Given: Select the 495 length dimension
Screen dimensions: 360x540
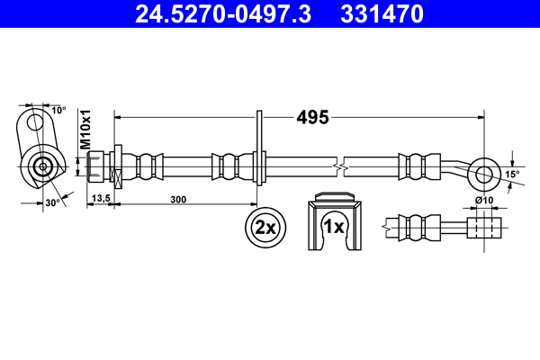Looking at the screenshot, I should (312, 117).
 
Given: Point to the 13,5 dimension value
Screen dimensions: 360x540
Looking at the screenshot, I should (101, 200).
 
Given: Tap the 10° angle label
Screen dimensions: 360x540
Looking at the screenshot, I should (58, 110).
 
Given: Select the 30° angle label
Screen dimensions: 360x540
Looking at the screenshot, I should (52, 203).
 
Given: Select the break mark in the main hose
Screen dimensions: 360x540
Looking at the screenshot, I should (338, 167).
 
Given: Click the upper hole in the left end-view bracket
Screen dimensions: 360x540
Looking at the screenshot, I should (36, 121).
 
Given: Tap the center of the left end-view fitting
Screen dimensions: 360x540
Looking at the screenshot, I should (41, 166).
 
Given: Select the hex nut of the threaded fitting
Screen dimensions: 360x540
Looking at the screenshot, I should (99, 166).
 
